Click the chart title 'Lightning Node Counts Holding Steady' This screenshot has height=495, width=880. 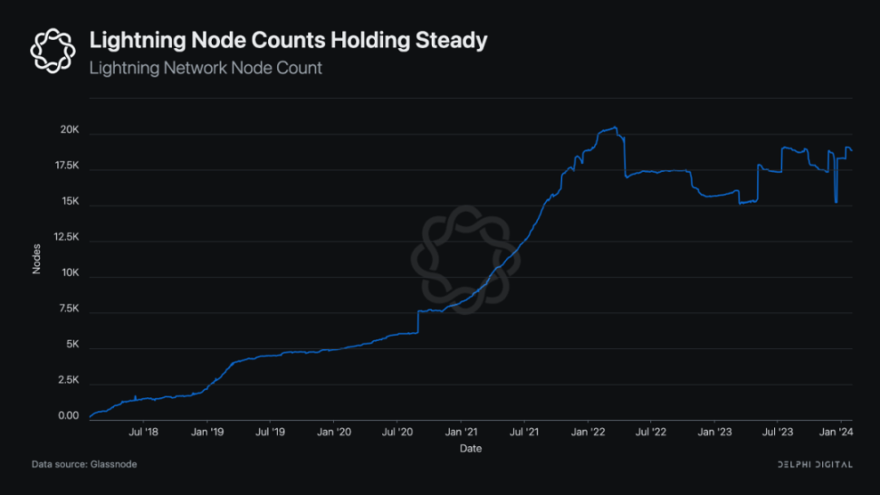[288, 41]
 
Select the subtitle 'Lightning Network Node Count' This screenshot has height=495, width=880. [206, 68]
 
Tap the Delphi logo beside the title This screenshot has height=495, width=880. [52, 50]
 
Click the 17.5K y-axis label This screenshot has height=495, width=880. [67, 167]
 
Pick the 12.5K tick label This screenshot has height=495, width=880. [67, 238]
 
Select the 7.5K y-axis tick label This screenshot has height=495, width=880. [70, 309]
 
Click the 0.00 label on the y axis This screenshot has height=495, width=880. [70, 416]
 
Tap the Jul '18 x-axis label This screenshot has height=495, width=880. [144, 433]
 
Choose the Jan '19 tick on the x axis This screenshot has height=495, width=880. [207, 433]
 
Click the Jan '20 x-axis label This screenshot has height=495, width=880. [335, 433]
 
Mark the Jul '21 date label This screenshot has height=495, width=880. [526, 433]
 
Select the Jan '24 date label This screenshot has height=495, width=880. [835, 433]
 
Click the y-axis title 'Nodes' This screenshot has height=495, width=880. [37, 260]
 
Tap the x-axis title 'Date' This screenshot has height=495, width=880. [470, 449]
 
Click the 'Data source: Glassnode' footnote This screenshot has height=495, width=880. [84, 464]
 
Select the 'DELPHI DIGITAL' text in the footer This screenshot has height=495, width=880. [815, 464]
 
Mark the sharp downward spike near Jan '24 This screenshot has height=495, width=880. [836, 201]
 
